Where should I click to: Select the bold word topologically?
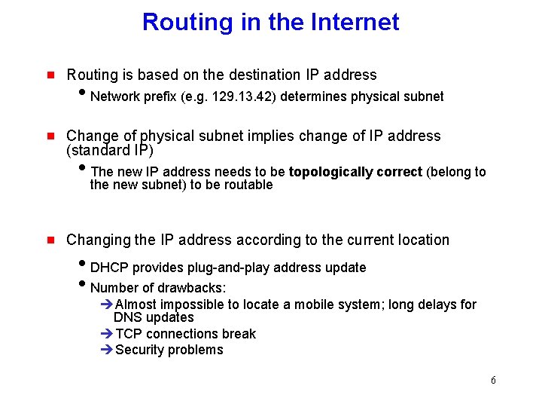pyautogui.click(x=333, y=172)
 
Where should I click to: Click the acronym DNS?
pyautogui.click(x=126, y=317)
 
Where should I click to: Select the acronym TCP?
pyautogui.click(x=129, y=334)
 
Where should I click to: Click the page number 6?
pyautogui.click(x=493, y=380)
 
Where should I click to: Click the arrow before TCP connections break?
pyautogui.click(x=106, y=334)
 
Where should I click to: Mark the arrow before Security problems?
pyautogui.click(x=106, y=350)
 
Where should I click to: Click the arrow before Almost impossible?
pyautogui.click(x=106, y=304)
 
